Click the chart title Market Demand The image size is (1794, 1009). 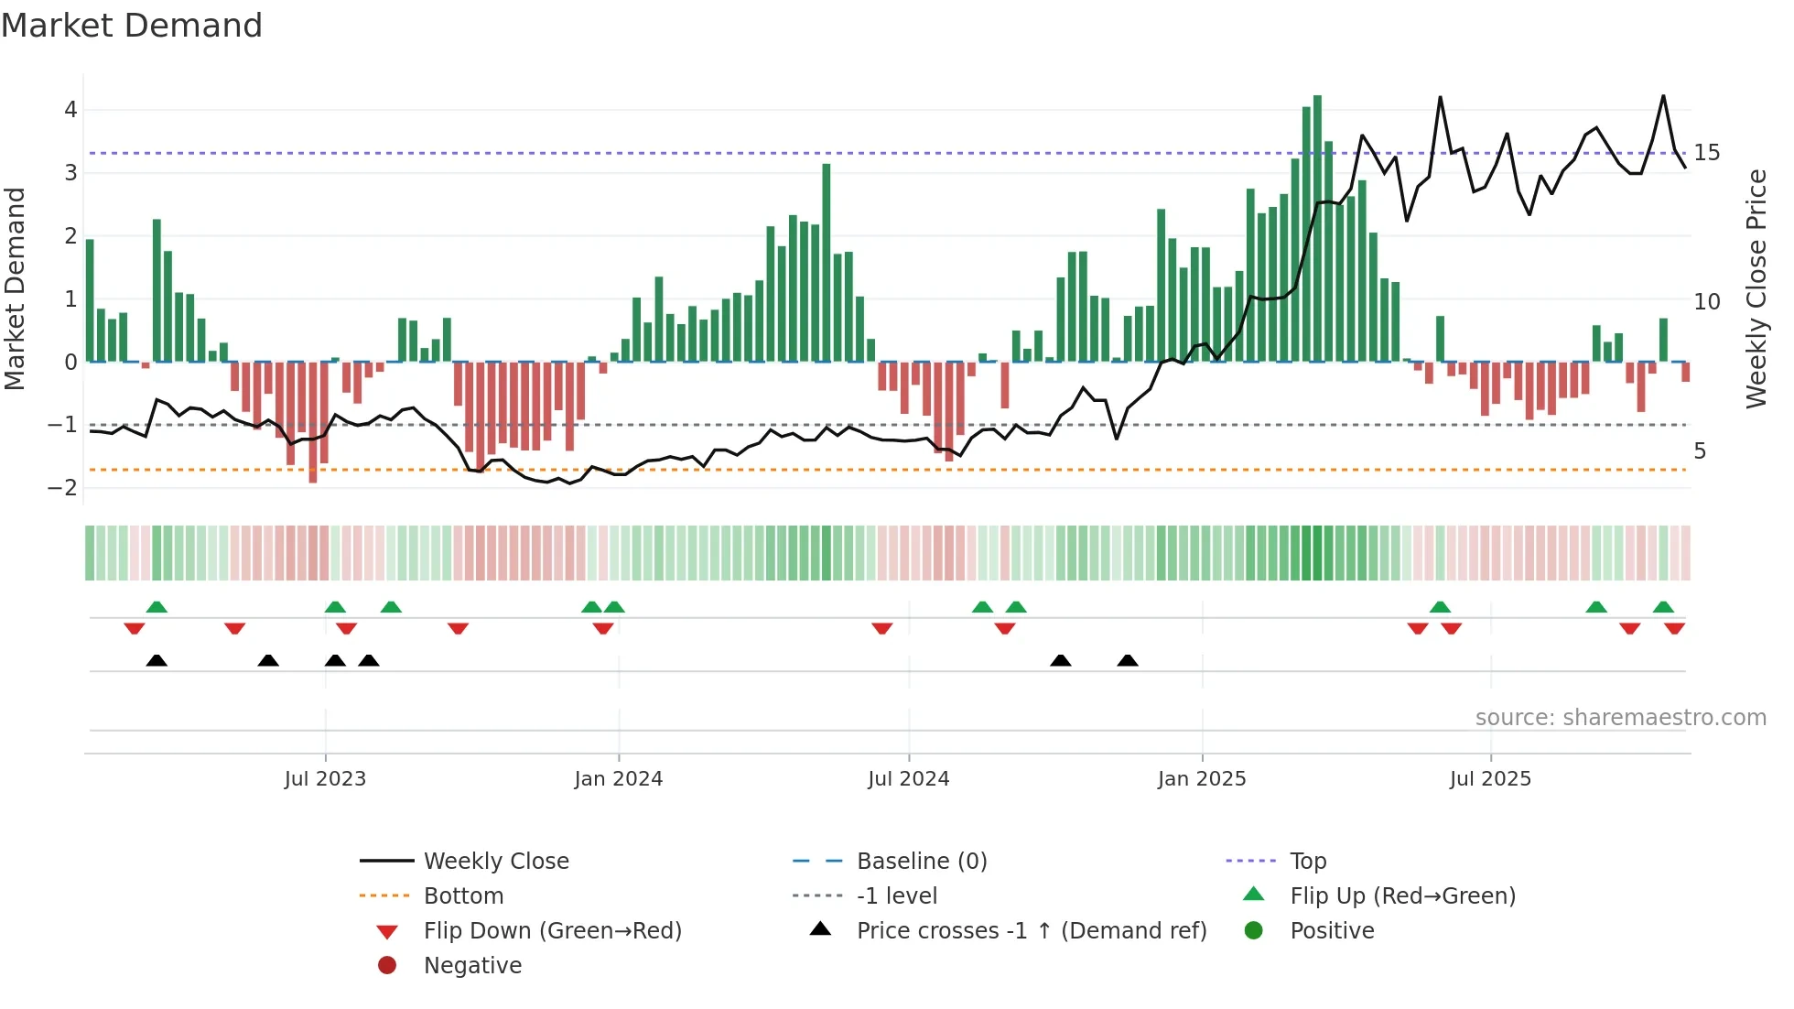(132, 26)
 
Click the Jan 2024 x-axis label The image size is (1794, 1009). (618, 779)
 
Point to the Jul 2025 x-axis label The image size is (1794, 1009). (1490, 779)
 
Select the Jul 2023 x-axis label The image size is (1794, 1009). (325, 779)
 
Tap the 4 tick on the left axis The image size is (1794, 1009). (70, 110)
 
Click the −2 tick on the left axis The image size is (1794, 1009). (63, 488)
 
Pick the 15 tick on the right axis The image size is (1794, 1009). (1707, 153)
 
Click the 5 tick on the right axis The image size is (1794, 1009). (1700, 451)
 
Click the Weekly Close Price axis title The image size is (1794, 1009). (1756, 288)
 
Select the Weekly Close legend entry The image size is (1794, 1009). (496, 862)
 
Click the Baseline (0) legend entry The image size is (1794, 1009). (922, 862)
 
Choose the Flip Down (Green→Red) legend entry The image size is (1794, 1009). (553, 931)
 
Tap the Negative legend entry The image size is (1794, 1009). (472, 966)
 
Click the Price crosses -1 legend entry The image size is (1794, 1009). (1032, 931)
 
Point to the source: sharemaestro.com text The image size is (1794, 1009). (1620, 718)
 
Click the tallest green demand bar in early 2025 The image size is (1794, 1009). (1317, 229)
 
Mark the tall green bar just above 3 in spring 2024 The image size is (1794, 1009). (827, 263)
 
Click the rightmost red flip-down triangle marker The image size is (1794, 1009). (1675, 628)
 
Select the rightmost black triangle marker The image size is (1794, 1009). (1128, 660)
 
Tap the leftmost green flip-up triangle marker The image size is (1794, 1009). (157, 606)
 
